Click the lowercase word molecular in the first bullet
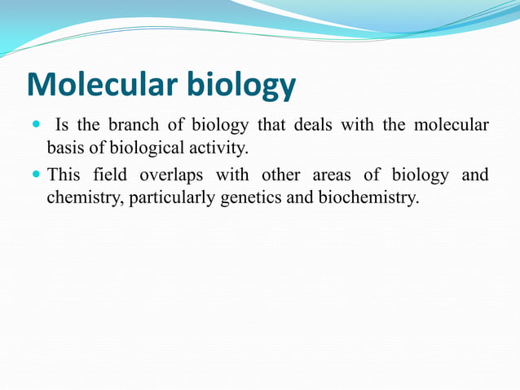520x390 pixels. (x=452, y=126)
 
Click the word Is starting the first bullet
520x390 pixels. (x=60, y=126)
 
